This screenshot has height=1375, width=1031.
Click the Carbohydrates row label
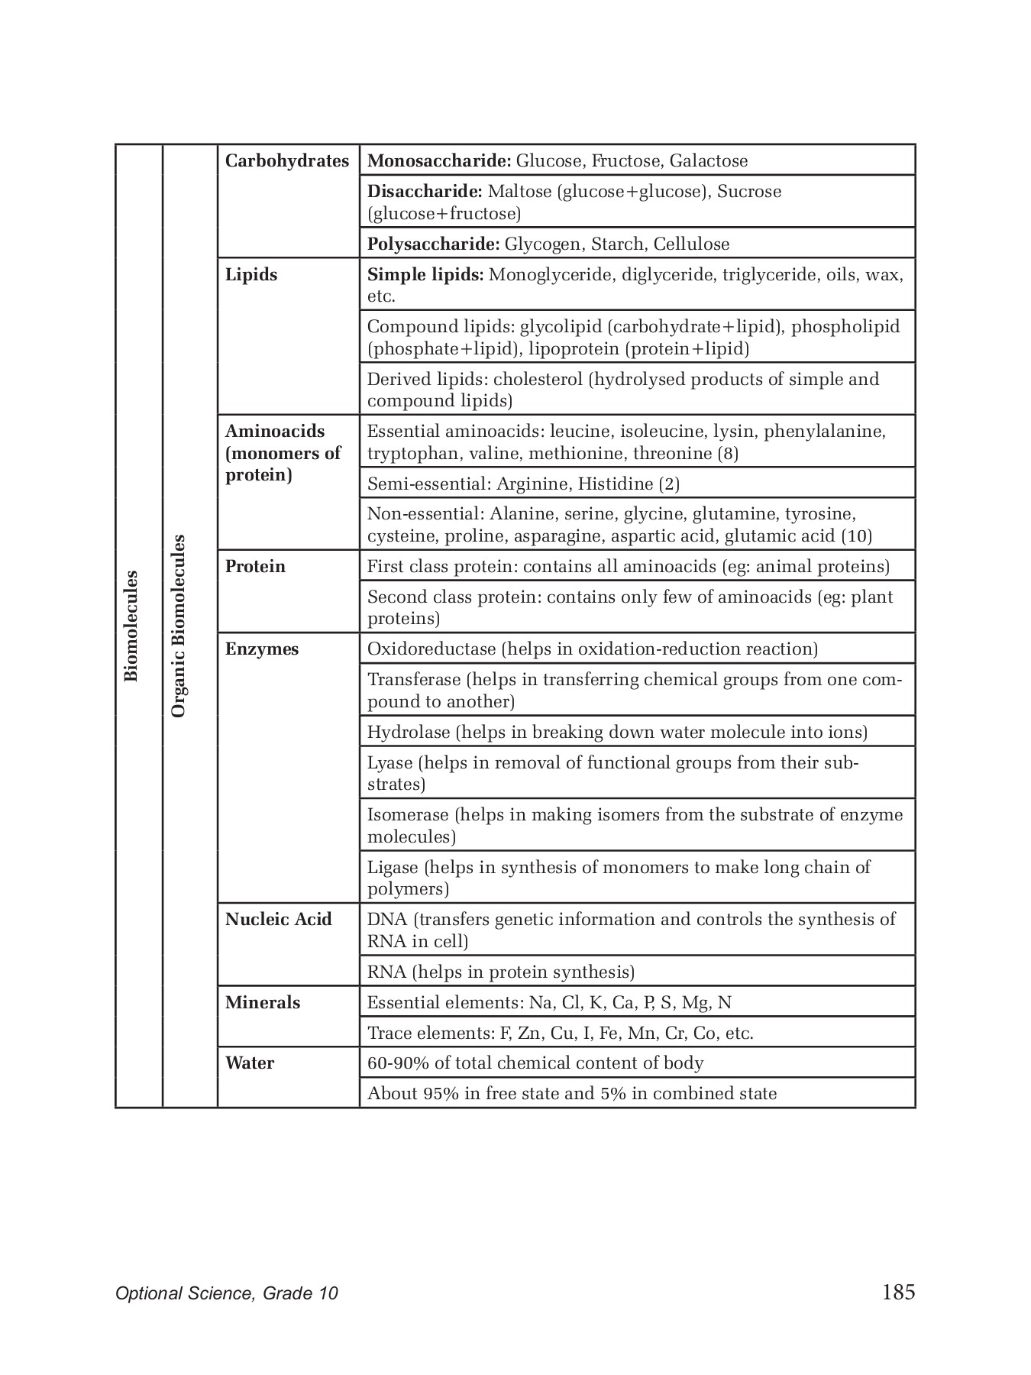tap(287, 161)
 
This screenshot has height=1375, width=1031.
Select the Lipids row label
tap(251, 275)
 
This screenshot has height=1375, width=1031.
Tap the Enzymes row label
tap(262, 649)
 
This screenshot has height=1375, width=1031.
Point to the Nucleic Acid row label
tap(279, 920)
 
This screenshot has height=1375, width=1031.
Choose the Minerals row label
tap(263, 1003)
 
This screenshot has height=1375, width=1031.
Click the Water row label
tap(250, 1063)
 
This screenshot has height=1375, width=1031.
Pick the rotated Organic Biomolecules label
tap(179, 626)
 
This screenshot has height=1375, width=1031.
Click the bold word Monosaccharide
tap(439, 161)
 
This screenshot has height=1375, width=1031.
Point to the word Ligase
tap(393, 868)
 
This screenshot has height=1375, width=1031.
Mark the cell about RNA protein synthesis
tap(501, 972)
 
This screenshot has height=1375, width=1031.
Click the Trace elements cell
tap(561, 1034)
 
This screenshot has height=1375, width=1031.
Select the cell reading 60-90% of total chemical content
tap(535, 1063)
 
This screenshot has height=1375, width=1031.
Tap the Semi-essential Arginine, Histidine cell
tap(523, 484)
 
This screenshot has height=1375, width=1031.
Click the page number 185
tap(898, 1292)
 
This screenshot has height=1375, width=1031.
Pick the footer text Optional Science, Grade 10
tap(227, 1293)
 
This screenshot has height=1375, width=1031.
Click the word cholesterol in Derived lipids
tap(538, 380)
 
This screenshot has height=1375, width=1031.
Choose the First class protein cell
tap(629, 567)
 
